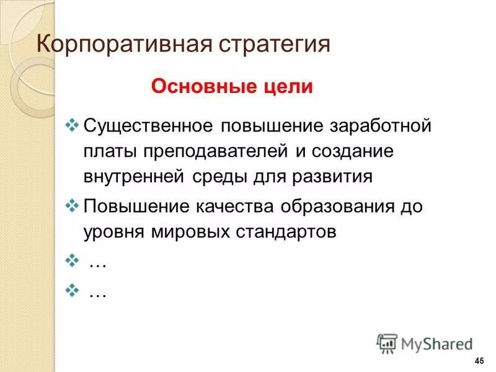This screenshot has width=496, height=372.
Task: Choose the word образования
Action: [x=338, y=205]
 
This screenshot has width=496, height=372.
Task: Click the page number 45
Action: [x=478, y=361]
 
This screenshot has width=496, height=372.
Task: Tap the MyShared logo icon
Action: [x=387, y=343]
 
